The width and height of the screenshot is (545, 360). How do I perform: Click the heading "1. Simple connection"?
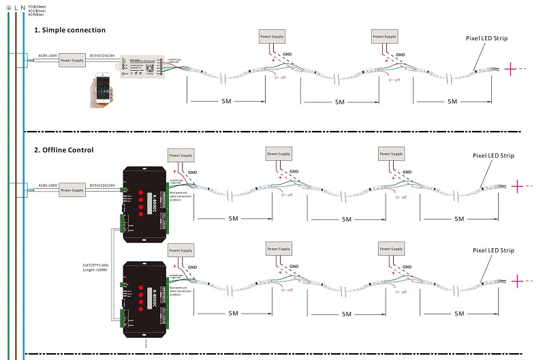pyautogui.click(x=69, y=31)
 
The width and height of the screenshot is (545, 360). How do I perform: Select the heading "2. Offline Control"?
pyautogui.click(x=64, y=149)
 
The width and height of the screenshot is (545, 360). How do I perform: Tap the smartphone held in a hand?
pyautogui.click(x=104, y=91)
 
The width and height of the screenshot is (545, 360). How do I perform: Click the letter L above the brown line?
pyautogui.click(x=16, y=7)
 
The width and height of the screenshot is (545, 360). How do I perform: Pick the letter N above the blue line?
pyautogui.click(x=24, y=7)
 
